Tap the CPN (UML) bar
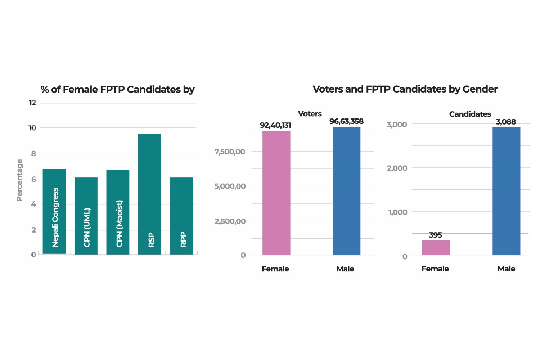(86, 216)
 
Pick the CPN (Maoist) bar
(118, 212)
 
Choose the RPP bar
(181, 216)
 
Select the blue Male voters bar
(346, 191)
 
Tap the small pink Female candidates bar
(436, 248)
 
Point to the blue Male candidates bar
(506, 191)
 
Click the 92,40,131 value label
(275, 125)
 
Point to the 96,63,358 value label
(346, 121)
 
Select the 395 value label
(435, 235)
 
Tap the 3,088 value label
(506, 122)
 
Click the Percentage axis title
(19, 180)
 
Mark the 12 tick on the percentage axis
(32, 103)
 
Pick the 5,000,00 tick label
(230, 186)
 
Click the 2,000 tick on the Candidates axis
(397, 168)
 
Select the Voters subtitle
(310, 114)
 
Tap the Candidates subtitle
(470, 114)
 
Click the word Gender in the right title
(480, 89)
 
